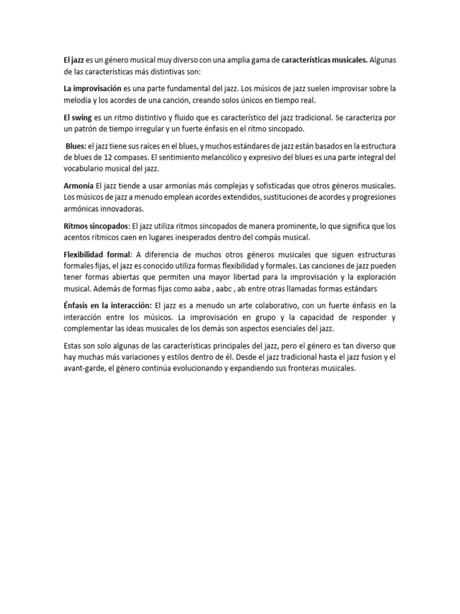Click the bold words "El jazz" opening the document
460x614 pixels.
(x=75, y=60)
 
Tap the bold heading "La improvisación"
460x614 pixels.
(x=92, y=89)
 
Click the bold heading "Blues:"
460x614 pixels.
(x=76, y=146)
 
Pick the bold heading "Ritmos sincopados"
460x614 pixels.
(x=96, y=226)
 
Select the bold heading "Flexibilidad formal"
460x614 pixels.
(x=98, y=255)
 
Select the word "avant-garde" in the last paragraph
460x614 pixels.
(x=84, y=369)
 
